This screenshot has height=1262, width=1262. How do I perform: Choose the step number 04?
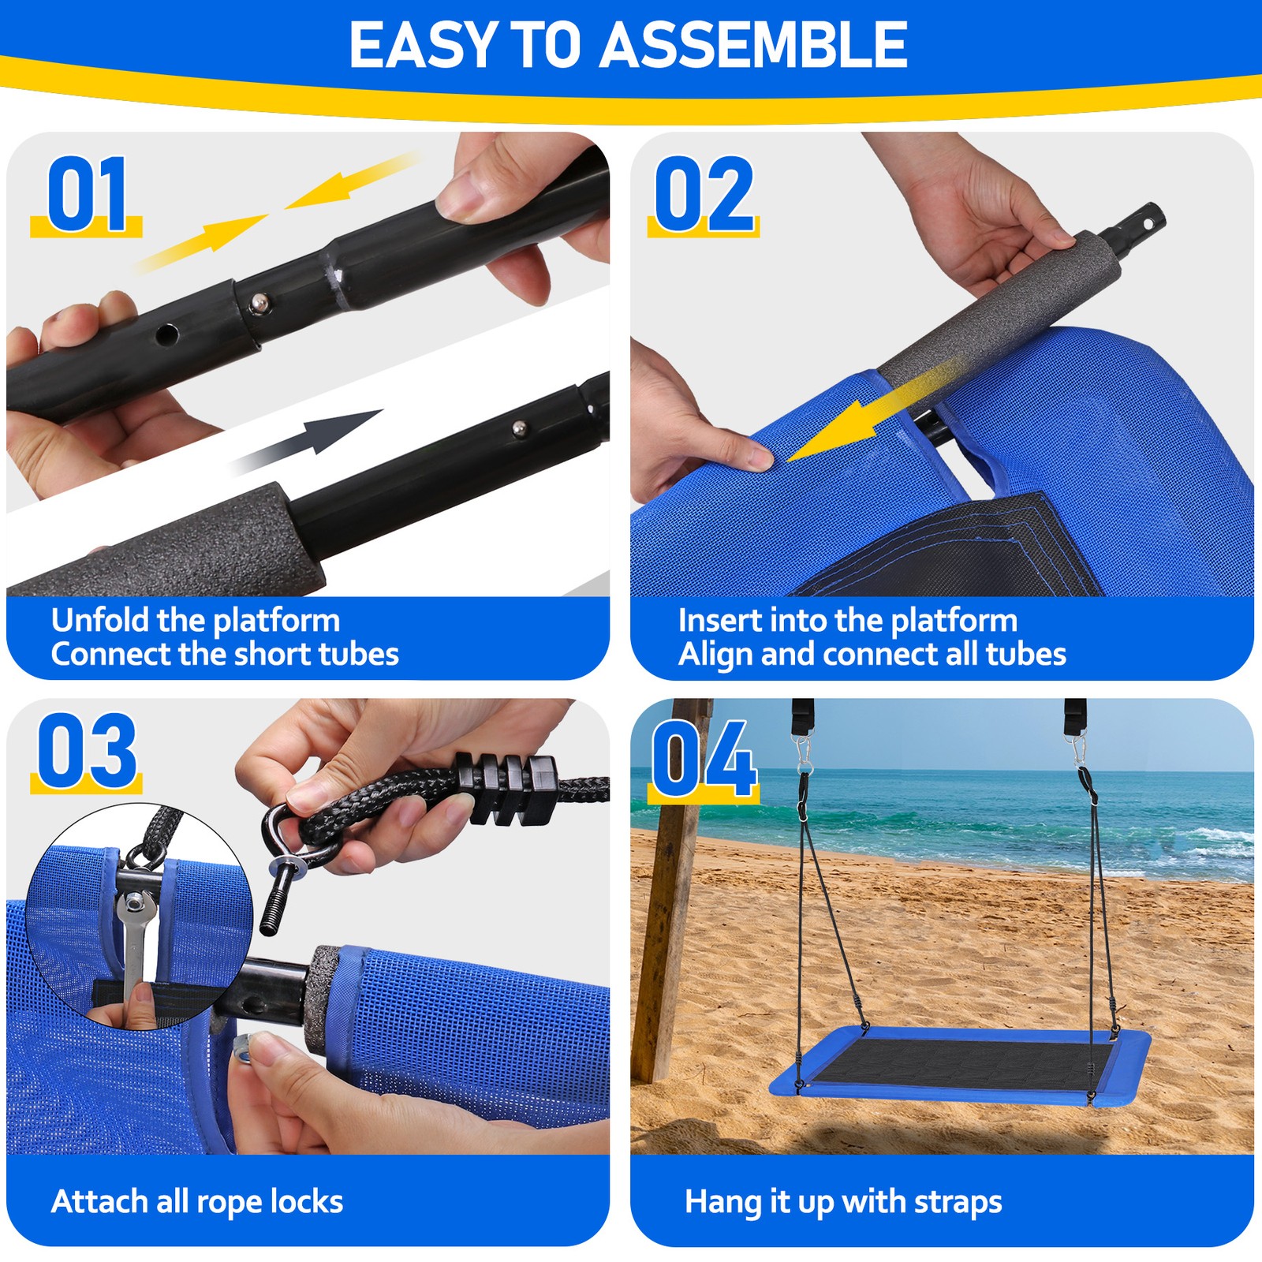pos(704,759)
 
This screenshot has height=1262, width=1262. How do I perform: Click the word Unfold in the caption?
pos(100,620)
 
